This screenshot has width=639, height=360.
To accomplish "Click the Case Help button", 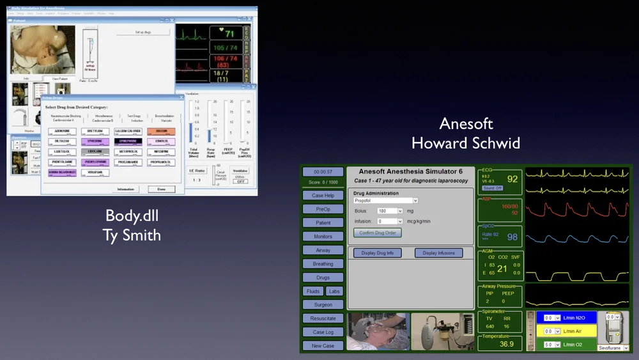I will tap(323, 196).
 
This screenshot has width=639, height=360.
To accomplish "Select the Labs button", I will tap(334, 291).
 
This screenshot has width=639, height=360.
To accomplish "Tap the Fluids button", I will tap(312, 291).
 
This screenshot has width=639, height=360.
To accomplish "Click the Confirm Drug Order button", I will tap(378, 233).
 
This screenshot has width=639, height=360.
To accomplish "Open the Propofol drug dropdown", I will tap(385, 200).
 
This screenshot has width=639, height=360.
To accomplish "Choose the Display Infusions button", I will tap(438, 253).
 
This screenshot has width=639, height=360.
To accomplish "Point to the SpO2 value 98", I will tap(512, 237).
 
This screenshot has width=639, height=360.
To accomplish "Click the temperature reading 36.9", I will tap(506, 344).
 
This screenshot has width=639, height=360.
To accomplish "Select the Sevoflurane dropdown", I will tap(613, 348).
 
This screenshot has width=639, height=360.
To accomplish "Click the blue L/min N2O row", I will tap(566, 317).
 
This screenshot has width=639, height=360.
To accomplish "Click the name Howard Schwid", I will tap(466, 143).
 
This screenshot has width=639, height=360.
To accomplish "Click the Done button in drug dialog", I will tap(161, 189).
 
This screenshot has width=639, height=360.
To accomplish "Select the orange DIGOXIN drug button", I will tap(161, 131).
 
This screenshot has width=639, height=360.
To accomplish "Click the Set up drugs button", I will tap(143, 31).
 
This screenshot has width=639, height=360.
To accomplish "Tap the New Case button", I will tap(323, 345).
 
